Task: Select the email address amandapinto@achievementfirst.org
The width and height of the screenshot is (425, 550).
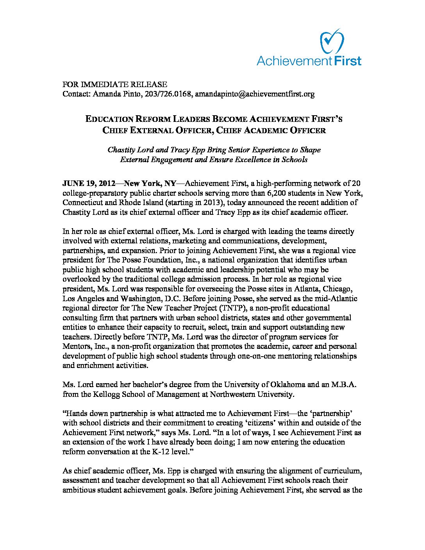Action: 255,94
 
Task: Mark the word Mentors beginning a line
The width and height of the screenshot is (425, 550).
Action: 76,346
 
